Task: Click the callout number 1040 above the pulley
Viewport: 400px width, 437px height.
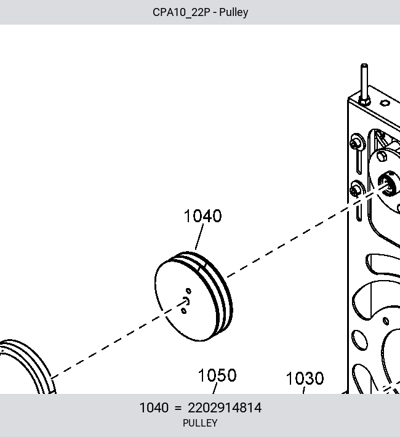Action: pos(202,216)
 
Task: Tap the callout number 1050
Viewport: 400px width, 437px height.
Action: pos(217,375)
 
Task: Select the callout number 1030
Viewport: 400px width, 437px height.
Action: pos(305,379)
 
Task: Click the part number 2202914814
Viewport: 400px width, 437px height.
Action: pos(225,407)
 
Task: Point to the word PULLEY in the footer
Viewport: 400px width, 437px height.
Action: pos(200,423)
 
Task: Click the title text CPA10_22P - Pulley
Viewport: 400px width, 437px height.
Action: pos(200,12)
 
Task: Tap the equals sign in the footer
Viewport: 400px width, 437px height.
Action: pos(178,408)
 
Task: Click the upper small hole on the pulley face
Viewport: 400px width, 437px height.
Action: pos(188,291)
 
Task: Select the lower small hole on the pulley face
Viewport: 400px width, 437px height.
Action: pos(184,310)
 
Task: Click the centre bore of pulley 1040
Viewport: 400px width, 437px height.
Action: pos(186,301)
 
